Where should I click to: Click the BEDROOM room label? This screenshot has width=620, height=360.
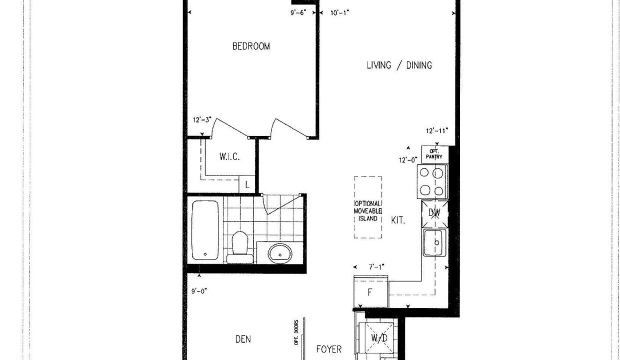pos(251,46)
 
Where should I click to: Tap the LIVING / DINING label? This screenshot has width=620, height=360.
pos(399,65)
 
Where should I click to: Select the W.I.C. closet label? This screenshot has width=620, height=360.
pos(229,156)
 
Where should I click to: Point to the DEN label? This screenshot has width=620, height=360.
pos(243,339)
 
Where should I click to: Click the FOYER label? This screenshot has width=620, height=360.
pos(329,349)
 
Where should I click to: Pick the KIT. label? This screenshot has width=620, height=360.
pos(398,220)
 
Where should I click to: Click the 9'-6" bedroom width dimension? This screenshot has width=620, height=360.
pos(298,12)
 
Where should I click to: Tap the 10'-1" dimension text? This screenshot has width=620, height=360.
pos(339,12)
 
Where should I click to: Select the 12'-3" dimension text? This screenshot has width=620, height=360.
pos(202,120)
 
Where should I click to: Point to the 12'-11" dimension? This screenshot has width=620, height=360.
pos(437,130)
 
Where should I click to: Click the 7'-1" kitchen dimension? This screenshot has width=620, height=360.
pos(376,267)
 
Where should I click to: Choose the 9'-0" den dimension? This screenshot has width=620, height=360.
pos(199,291)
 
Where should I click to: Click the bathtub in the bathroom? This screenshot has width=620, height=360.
pos(205,230)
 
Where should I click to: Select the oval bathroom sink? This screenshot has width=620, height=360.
pos(279,253)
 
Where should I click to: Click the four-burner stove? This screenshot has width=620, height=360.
pos(432,181)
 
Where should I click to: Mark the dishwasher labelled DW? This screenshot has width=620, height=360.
pos(434,214)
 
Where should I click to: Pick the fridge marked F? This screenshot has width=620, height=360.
pos(370,291)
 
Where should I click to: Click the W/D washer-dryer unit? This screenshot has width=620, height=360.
pos(379,338)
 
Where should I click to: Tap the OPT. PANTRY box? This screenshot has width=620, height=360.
pos(435,154)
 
